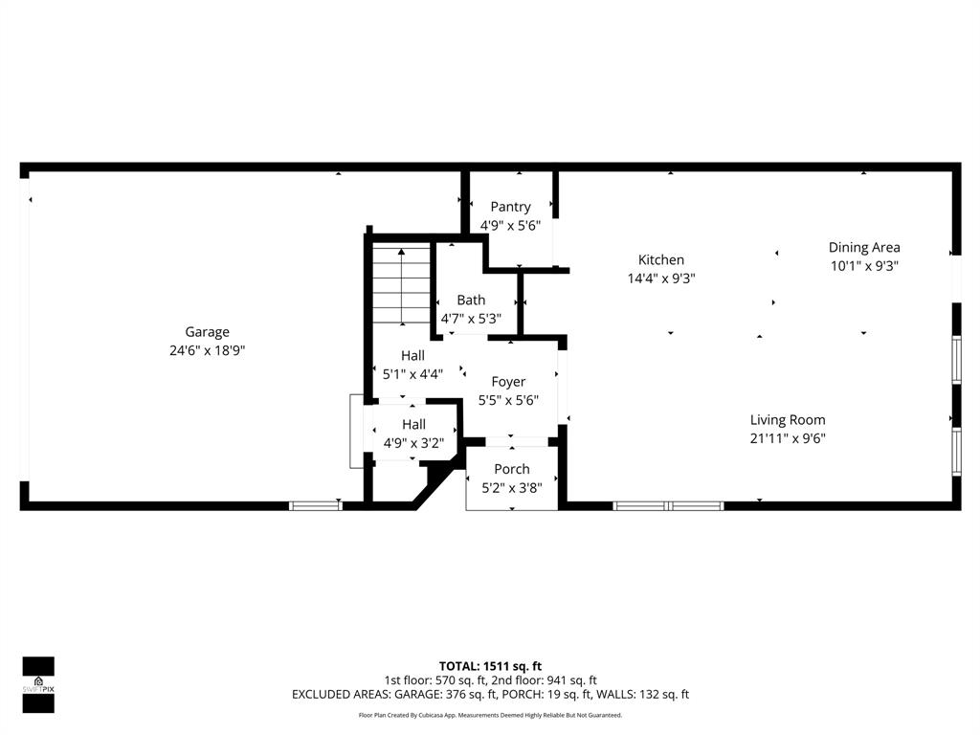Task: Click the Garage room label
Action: pos(207,332)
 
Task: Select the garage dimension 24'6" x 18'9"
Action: pos(207,350)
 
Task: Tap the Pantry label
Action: pos(510,207)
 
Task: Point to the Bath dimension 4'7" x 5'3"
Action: pos(470,319)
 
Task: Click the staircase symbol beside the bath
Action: pos(400,283)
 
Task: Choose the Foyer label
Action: pos(508,382)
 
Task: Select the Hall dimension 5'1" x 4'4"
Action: pos(412,374)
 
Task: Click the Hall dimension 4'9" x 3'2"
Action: pos(413,443)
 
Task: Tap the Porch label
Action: pos(512,469)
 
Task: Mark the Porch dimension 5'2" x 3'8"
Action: pos(512,487)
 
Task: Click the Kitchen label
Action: pos(661,259)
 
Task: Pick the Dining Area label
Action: pos(864,247)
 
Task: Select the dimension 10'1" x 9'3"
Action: pos(864,266)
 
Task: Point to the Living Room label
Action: pos(788,419)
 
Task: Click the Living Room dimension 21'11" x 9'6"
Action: pos(788,438)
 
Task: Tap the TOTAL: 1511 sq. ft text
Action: pos(490,666)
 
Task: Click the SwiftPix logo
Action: pos(38,684)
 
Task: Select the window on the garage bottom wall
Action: pos(315,505)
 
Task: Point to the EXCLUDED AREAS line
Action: pos(490,695)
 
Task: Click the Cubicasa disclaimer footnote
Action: pos(490,715)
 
